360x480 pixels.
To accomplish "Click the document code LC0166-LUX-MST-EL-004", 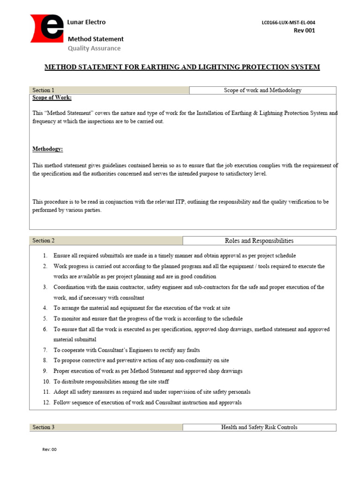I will point(292,22).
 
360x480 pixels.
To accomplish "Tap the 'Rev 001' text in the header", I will point(304,31).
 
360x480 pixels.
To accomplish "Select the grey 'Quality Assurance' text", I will point(94,48).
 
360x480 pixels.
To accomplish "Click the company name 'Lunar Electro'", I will point(87,22).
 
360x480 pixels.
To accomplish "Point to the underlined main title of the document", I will point(182,67).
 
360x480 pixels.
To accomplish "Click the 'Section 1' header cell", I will point(109,90).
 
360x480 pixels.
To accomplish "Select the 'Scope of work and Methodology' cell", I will point(262,90).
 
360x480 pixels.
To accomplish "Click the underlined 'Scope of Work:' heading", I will point(52,98).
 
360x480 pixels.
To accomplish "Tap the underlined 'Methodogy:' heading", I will point(47,149).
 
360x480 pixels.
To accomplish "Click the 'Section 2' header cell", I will point(105,240).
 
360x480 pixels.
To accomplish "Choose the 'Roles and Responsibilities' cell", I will point(259,241).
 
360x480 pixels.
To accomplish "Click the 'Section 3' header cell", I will point(105,427).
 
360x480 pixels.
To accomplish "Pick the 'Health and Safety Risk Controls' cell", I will point(259,427).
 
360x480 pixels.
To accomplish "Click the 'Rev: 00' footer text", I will point(49,450).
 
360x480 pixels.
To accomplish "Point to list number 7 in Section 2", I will point(45,350).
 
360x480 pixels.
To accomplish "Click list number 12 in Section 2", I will point(46,403).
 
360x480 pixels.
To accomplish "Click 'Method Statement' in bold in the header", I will point(96,39).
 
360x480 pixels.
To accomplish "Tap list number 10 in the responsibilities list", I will point(46,382).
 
